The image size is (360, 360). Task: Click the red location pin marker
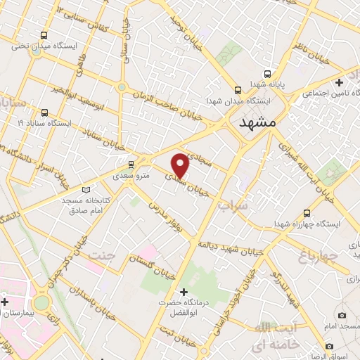click(x=181, y=165)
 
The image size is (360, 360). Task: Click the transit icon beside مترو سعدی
click(x=131, y=165)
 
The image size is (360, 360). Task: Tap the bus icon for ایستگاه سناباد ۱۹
click(x=45, y=112)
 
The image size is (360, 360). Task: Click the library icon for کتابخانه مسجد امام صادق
click(x=86, y=189)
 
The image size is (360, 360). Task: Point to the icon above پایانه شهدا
click(x=266, y=73)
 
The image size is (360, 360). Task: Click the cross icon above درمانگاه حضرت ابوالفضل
click(x=184, y=292)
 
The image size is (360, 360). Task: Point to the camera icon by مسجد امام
click(x=342, y=316)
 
